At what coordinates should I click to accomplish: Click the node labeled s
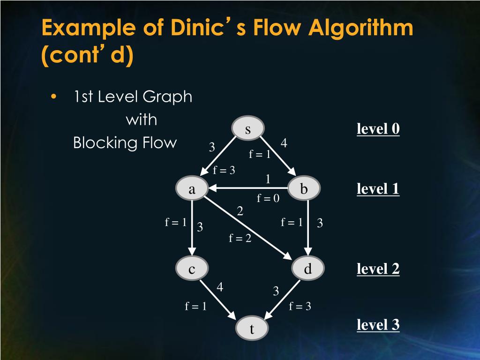point(248,129)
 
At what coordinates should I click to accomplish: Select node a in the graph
point(192,189)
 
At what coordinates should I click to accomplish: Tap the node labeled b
point(304,189)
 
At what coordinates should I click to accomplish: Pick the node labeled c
point(192,269)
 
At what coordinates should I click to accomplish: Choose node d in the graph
point(308,269)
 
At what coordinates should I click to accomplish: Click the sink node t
point(252,329)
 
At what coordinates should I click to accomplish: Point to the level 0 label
point(378,129)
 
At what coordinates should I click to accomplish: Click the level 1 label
point(378,189)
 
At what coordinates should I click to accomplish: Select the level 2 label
point(378,269)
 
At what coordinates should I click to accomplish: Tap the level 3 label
point(378,324)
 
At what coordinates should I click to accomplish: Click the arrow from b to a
point(248,188)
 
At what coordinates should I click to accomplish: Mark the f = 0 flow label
point(268,198)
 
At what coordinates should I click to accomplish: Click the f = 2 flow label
point(240,239)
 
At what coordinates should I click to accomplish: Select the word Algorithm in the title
point(361,29)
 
